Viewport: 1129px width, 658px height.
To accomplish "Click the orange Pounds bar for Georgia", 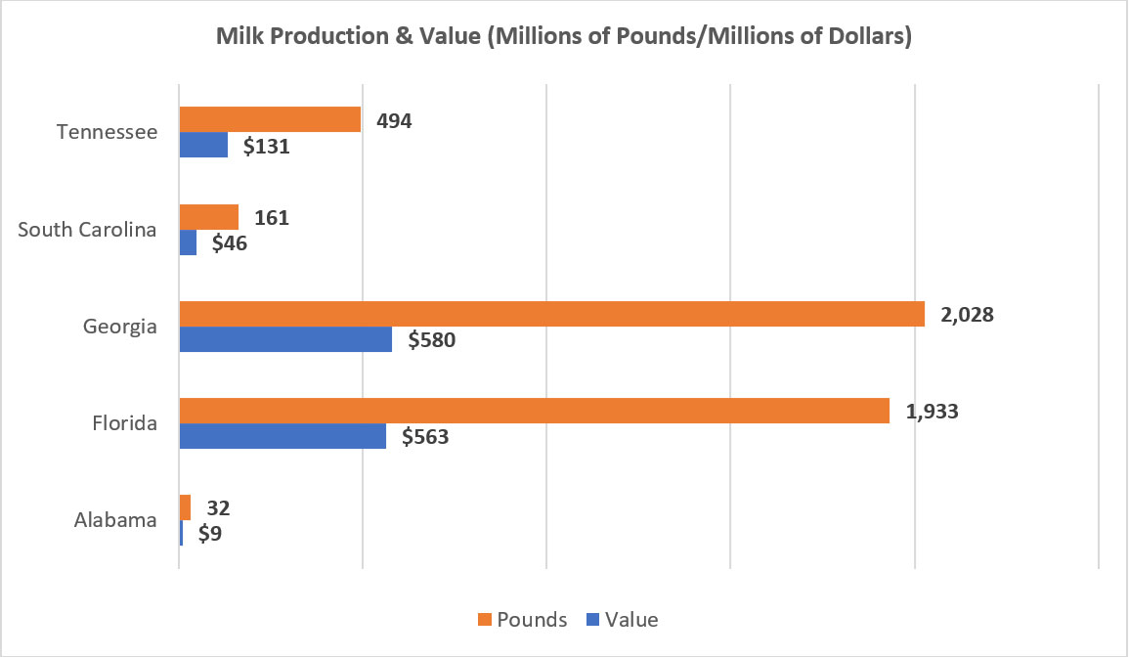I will click(x=551, y=314).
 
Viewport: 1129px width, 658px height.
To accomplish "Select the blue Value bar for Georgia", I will click(x=285, y=339).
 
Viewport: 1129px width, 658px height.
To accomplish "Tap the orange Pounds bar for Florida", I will click(x=534, y=411).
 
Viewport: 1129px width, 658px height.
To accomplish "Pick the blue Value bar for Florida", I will click(x=282, y=436).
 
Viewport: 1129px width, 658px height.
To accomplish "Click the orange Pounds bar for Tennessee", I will click(x=270, y=119).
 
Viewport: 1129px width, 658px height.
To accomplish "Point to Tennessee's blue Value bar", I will click(x=203, y=145).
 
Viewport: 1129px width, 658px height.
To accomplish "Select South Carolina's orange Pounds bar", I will click(x=208, y=217).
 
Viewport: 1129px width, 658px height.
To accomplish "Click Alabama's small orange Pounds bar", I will click(x=185, y=507).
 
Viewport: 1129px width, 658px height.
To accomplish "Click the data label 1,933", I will click(x=932, y=412).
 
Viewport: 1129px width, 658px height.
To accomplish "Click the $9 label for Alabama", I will click(x=210, y=534).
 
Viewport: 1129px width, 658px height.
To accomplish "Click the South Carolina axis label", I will click(x=88, y=231).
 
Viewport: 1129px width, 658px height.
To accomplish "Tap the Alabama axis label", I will click(x=115, y=520).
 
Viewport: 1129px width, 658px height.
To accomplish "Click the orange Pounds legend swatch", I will click(x=483, y=620).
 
